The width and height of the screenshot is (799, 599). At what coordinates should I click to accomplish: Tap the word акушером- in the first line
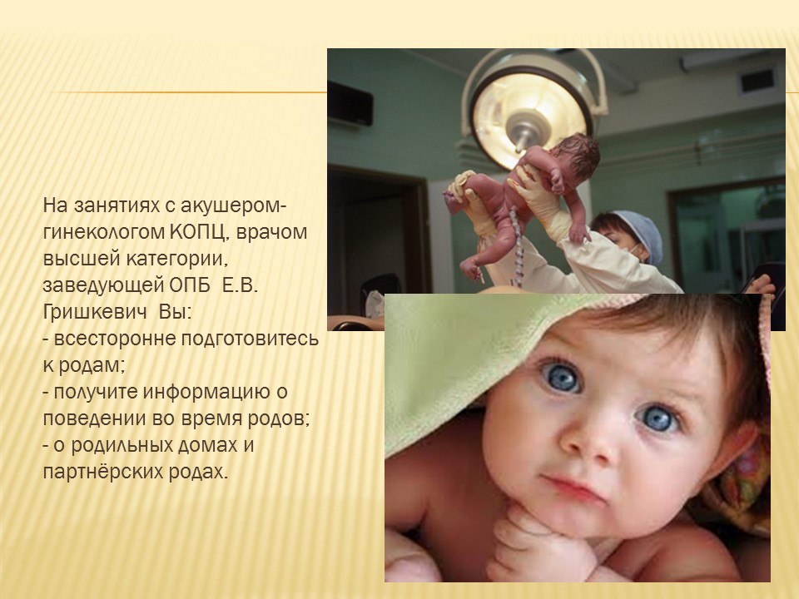point(234,205)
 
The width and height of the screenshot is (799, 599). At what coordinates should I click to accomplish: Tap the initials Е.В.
point(240,285)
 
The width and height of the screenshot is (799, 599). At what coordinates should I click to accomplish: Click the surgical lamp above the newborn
point(533,110)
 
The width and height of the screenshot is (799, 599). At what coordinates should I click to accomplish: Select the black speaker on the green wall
point(350,103)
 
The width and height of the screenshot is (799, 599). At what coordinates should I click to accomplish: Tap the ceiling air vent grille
point(757,80)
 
